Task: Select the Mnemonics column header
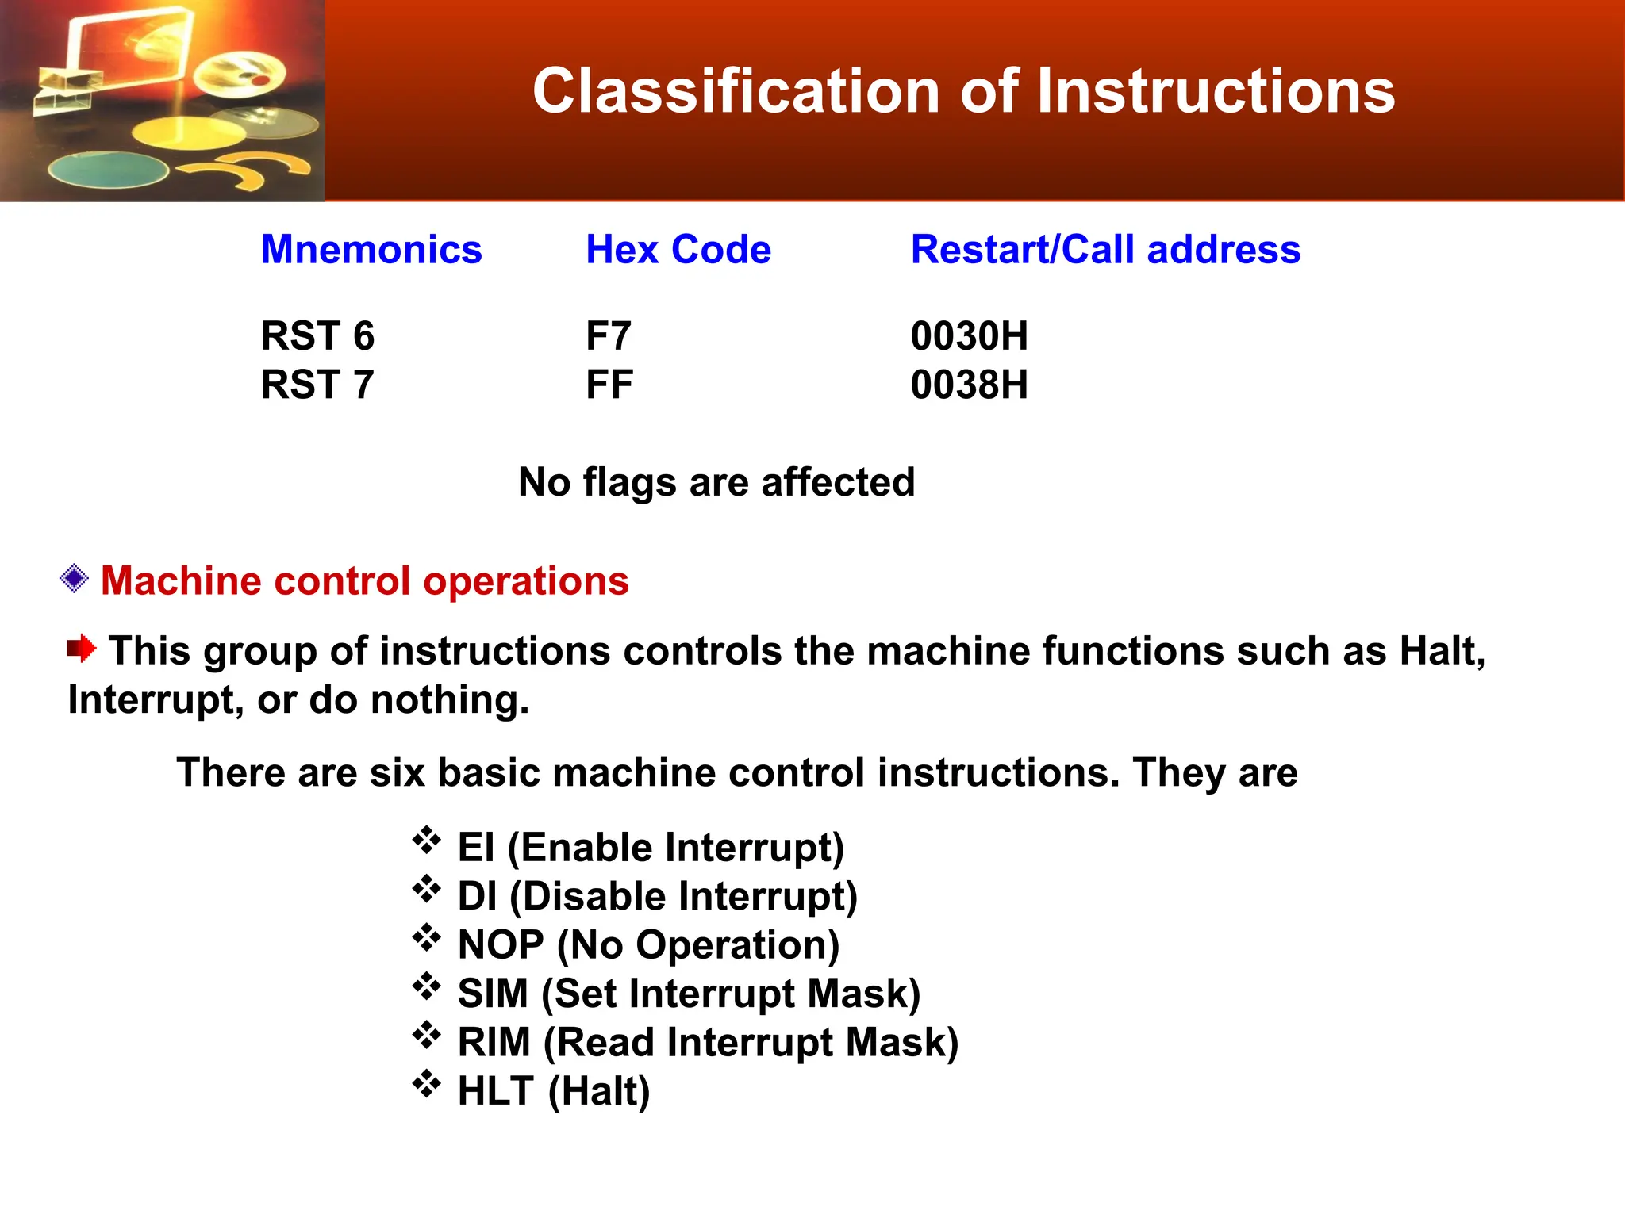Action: tap(371, 250)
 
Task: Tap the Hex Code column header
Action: tap(678, 250)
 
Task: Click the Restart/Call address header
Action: tap(1105, 250)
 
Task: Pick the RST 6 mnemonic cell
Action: tap(317, 336)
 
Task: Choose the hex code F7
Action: tap(608, 336)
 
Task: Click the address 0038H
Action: tap(969, 385)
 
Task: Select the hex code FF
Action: tap(609, 385)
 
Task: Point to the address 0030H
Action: tap(969, 336)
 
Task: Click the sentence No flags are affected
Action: tap(716, 482)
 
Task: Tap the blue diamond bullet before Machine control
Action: tap(74, 579)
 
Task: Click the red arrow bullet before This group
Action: tap(81, 649)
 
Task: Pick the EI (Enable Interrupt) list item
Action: tap(651, 848)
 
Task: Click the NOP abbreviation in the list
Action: tap(501, 945)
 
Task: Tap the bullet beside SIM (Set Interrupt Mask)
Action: tap(426, 987)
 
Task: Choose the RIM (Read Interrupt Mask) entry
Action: tap(708, 1043)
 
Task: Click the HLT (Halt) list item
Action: tap(554, 1092)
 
